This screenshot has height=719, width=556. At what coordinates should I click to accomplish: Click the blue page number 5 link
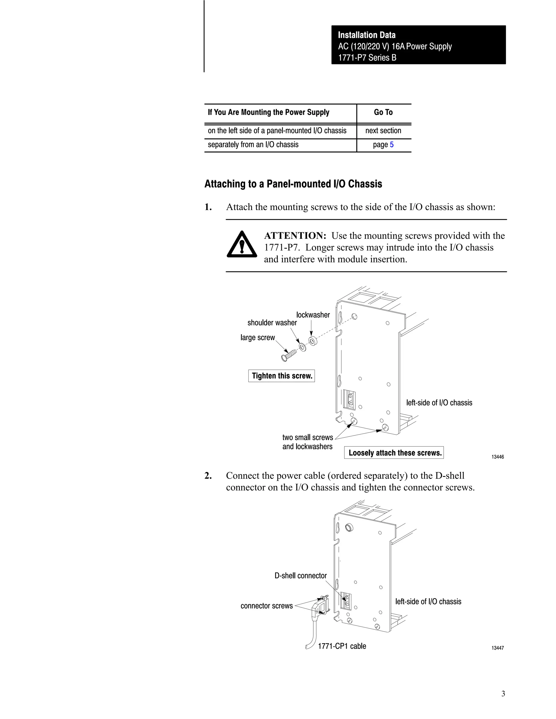(x=392, y=145)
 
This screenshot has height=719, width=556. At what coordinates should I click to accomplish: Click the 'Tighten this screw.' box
(x=282, y=376)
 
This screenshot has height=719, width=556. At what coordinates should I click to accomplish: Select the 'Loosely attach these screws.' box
(x=394, y=453)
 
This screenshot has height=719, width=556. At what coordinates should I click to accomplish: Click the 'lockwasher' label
(x=313, y=315)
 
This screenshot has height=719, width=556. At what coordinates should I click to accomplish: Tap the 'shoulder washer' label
(x=272, y=323)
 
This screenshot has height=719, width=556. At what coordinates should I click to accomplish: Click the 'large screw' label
(x=258, y=338)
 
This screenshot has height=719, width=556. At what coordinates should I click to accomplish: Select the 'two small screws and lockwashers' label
(x=307, y=442)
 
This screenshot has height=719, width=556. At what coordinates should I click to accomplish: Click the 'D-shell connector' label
(x=301, y=576)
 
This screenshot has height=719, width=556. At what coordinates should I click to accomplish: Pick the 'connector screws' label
(x=267, y=606)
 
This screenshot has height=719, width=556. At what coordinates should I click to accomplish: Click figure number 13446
(x=497, y=457)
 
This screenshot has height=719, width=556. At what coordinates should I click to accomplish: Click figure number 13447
(x=497, y=648)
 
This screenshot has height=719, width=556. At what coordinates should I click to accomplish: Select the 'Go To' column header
(x=383, y=113)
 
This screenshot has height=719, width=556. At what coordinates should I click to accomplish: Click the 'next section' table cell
(x=383, y=131)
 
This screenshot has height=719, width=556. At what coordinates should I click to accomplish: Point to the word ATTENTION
(x=295, y=236)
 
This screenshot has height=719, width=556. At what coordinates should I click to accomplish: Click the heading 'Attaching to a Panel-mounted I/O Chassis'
(x=293, y=184)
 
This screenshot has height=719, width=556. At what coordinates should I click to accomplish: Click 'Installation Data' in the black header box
(x=367, y=35)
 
